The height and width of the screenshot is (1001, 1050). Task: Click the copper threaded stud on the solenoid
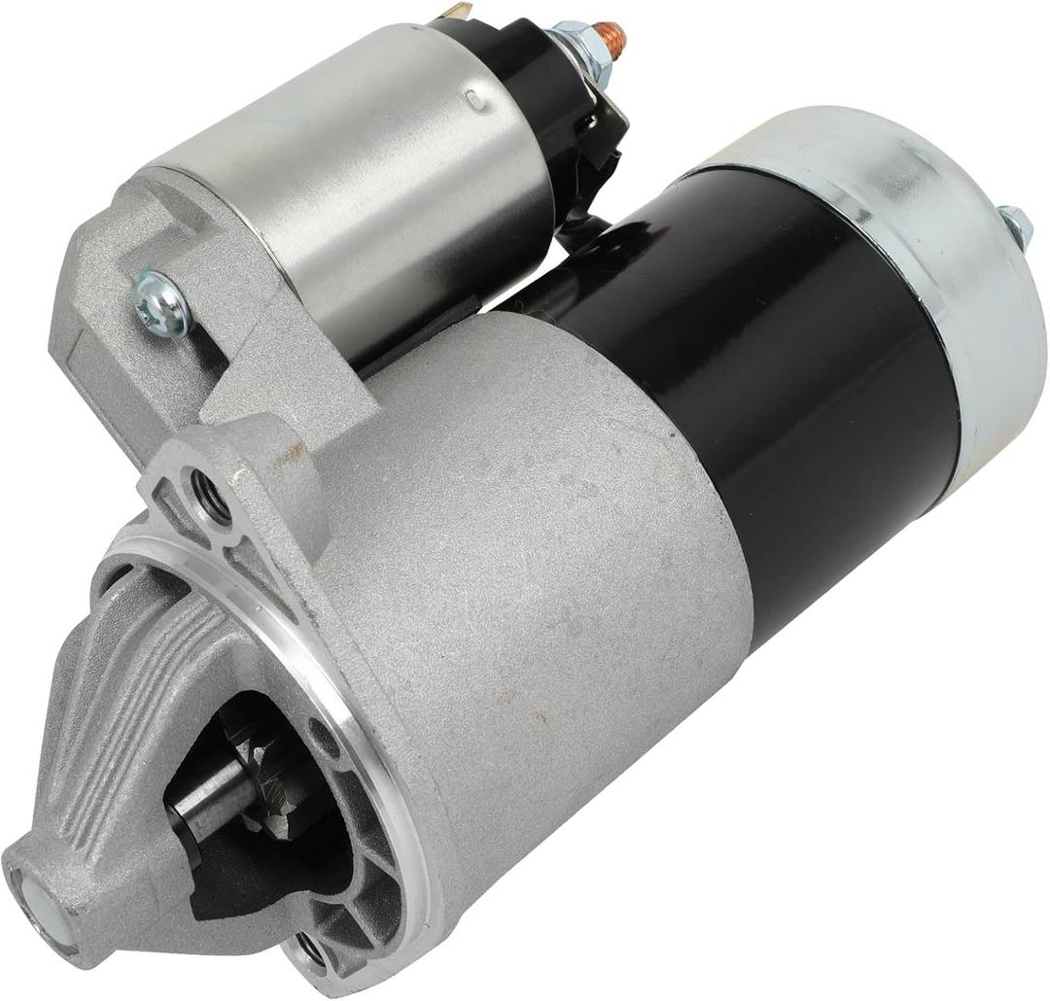coord(611,36)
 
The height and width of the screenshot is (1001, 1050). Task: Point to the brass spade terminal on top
coord(455,11)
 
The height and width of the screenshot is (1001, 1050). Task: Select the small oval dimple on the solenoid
coord(474,96)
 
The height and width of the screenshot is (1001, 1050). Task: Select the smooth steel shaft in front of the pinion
coord(209,797)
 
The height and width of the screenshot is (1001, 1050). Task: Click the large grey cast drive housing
coord(544,544)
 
